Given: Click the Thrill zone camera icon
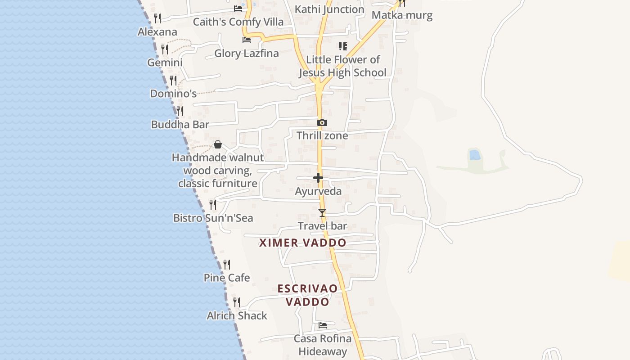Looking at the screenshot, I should click(x=322, y=122).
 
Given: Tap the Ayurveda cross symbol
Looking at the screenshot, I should click(x=318, y=178).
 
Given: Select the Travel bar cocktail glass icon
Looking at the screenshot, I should click(x=322, y=212).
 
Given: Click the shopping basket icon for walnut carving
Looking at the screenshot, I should click(x=218, y=144).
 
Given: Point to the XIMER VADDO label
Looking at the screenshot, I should click(x=303, y=243).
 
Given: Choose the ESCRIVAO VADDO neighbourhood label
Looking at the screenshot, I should click(x=308, y=295).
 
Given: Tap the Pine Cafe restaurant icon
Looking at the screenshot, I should click(x=227, y=264).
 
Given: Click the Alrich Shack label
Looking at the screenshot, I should click(x=237, y=315).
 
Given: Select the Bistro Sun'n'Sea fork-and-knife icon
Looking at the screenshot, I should click(x=213, y=205).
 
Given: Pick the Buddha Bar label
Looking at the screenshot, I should click(x=180, y=125).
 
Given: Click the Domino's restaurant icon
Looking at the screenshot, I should click(x=173, y=81).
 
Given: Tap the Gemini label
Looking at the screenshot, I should click(x=165, y=63).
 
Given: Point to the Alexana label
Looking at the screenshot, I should click(x=157, y=32).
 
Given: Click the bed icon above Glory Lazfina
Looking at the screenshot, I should click(x=247, y=40).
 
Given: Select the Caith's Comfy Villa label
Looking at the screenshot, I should click(x=238, y=22).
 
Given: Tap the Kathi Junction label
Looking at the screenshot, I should click(x=329, y=9).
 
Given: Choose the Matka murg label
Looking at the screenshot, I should click(x=402, y=15).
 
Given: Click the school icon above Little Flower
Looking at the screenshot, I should click(x=343, y=46).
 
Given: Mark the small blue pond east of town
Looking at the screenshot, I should click(x=474, y=155).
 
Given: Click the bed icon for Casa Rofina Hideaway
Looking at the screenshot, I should click(x=323, y=325).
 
